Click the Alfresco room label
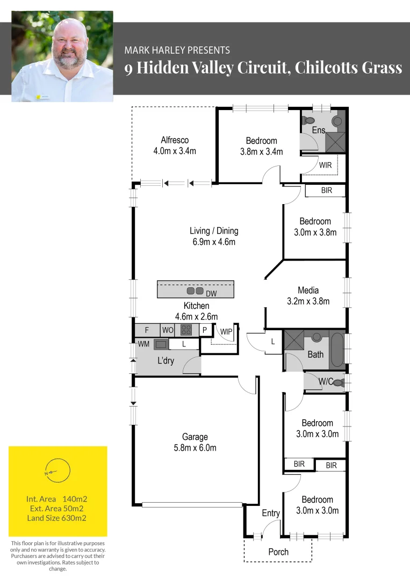[x=175, y=140]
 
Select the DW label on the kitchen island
[x=211, y=294]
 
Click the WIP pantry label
[x=226, y=332]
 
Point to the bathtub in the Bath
[x=337, y=350]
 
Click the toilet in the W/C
[x=339, y=383]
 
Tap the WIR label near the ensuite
[x=325, y=165]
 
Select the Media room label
[x=308, y=291]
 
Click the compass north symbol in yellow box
[x=57, y=472]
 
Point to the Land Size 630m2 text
[x=57, y=518]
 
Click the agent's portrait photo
[x=62, y=56]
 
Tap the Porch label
[x=278, y=552]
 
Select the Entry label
[x=271, y=513]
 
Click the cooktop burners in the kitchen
[x=186, y=330]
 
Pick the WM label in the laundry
[x=143, y=344]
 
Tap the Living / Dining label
[x=214, y=231]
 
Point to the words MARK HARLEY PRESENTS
[x=177, y=50]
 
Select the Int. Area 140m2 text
[x=57, y=498]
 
